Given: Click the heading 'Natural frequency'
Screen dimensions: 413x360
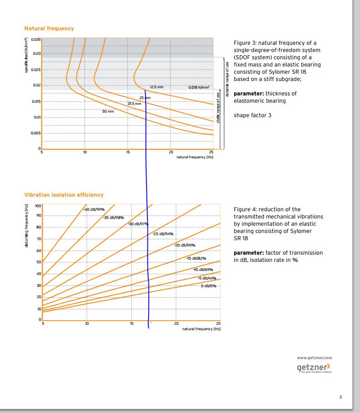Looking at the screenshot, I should [x=49, y=28].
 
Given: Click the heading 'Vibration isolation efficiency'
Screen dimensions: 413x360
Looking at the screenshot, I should [x=64, y=195].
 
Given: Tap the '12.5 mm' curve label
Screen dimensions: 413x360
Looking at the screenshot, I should [x=157, y=87].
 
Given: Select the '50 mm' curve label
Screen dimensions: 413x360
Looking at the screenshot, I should [x=108, y=111].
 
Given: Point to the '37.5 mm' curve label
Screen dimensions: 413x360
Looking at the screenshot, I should [x=134, y=104].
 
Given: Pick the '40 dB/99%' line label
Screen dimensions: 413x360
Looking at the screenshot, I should [x=95, y=209].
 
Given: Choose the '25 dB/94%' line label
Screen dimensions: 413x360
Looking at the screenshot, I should [x=163, y=234].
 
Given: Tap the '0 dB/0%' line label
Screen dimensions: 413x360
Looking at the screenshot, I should [x=208, y=285].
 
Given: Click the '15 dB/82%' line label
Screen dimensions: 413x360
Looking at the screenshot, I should [x=196, y=258].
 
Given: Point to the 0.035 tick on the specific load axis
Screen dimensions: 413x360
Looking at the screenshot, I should [x=36, y=39].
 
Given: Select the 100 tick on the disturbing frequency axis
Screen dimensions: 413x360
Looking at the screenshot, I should [x=38, y=206].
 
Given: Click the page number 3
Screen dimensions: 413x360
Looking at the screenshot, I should [x=341, y=397].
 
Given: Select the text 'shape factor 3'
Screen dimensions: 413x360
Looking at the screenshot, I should [x=252, y=115].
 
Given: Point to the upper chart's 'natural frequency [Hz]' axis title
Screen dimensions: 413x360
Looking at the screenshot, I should [x=194, y=157].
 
